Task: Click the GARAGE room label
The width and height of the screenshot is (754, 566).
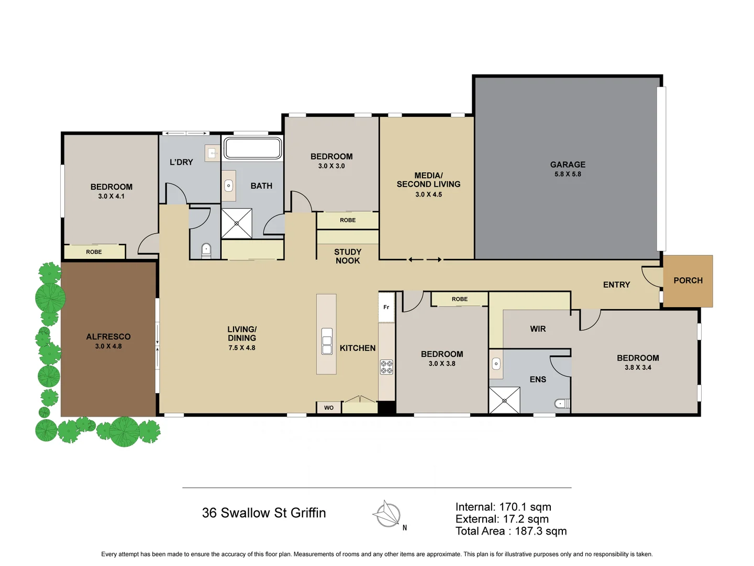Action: pyautogui.click(x=568, y=165)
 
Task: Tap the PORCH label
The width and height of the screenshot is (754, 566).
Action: pyautogui.click(x=688, y=280)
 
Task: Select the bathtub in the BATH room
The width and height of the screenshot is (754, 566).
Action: pyautogui.click(x=252, y=148)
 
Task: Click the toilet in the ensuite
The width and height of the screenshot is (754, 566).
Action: pyautogui.click(x=562, y=404)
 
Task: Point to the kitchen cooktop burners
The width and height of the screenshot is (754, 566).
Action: pyautogui.click(x=386, y=367)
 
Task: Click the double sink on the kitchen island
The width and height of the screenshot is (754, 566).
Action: pyautogui.click(x=327, y=341)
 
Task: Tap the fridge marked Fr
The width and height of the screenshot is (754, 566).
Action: pyautogui.click(x=386, y=307)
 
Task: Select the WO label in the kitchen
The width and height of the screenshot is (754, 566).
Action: pyautogui.click(x=329, y=408)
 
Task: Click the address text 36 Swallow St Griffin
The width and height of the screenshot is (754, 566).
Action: pyautogui.click(x=264, y=513)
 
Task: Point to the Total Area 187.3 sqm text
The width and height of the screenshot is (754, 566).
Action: pyautogui.click(x=511, y=531)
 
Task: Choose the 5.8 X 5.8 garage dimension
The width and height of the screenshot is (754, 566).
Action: pyautogui.click(x=568, y=174)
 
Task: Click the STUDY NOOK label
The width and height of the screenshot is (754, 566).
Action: pyautogui.click(x=348, y=256)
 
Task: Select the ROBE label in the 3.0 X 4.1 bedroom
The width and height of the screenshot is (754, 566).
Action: pyautogui.click(x=94, y=252)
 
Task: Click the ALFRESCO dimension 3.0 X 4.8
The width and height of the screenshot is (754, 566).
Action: pyautogui.click(x=108, y=346)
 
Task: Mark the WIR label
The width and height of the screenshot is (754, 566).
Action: pyautogui.click(x=538, y=329)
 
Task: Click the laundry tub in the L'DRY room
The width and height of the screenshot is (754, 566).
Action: pyautogui.click(x=212, y=153)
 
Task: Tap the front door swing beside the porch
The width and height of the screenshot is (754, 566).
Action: pyautogui.click(x=652, y=276)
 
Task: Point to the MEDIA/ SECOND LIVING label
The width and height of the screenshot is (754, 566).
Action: pyautogui.click(x=428, y=180)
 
